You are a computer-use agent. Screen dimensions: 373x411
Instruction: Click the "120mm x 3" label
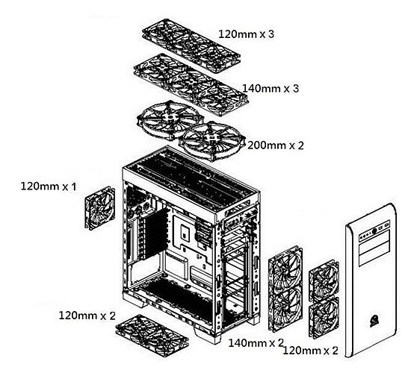coord(247,34)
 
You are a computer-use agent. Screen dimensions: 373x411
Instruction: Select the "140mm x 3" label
coord(271,89)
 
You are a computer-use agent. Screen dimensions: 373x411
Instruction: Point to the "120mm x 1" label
coord(49,185)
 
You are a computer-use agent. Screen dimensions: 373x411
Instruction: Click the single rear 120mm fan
coord(99,207)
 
